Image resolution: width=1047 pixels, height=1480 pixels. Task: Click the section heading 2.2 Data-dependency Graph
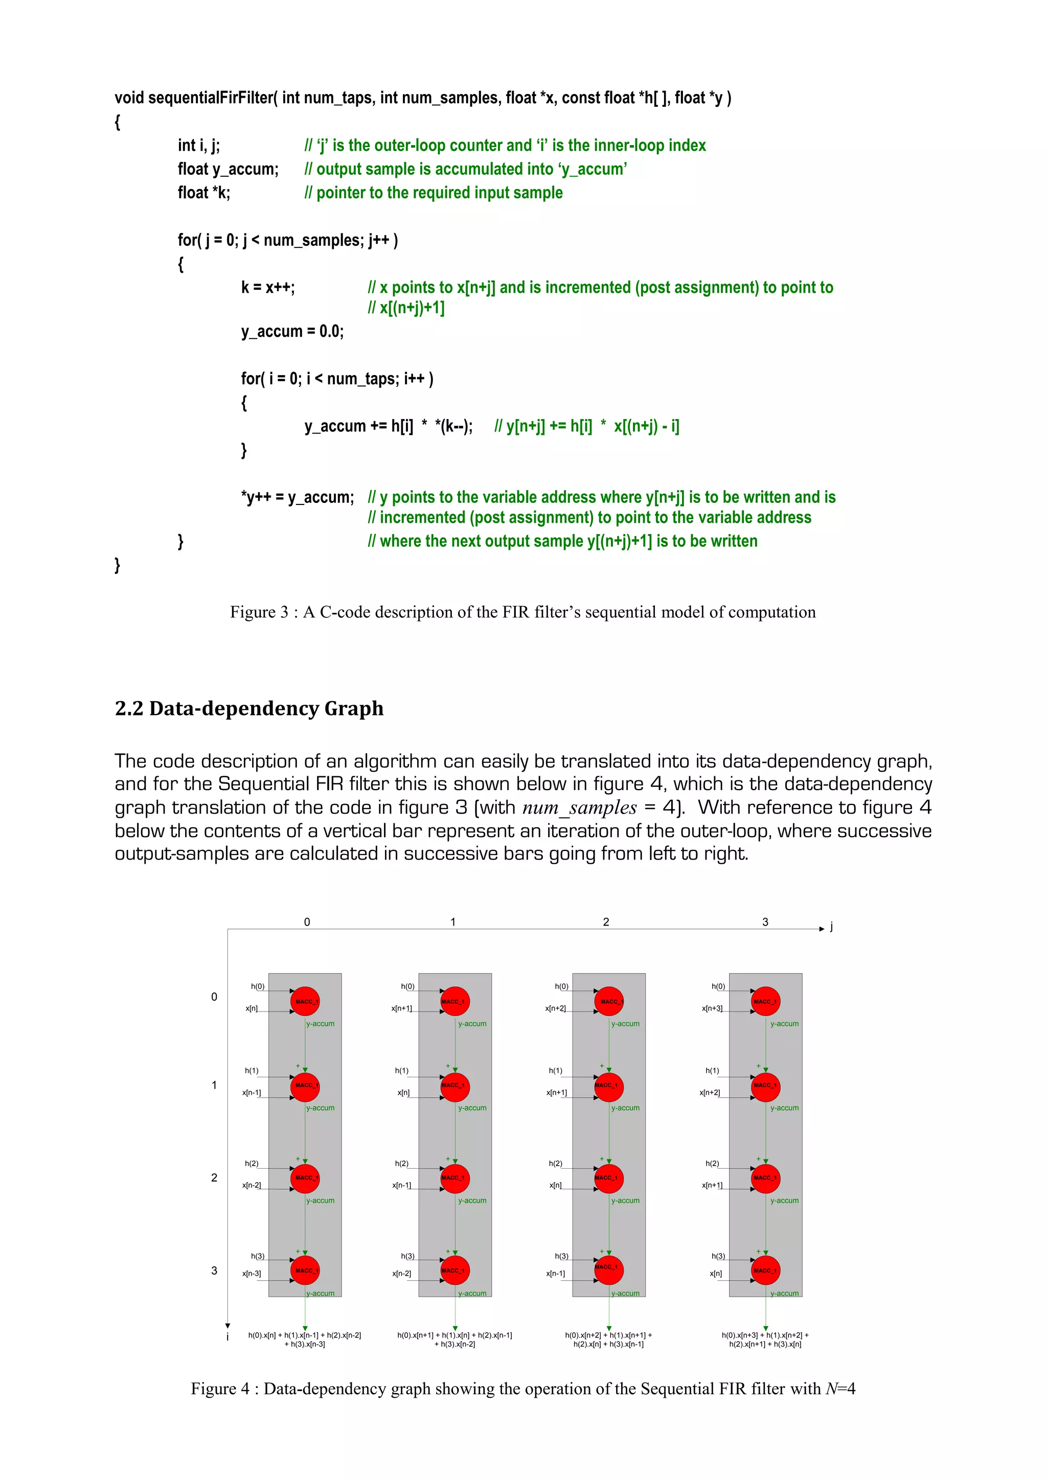pyautogui.click(x=249, y=708)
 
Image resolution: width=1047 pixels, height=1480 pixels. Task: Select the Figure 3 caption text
pyautogui.click(x=522, y=612)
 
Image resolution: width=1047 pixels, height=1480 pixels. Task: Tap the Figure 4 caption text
pyautogui.click(x=522, y=1389)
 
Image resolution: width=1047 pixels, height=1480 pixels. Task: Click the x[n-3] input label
pyautogui.click(x=252, y=1274)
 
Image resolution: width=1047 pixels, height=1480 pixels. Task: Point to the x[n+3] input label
pyautogui.click(x=712, y=1008)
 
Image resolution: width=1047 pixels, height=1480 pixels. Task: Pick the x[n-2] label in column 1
pyautogui.click(x=402, y=1274)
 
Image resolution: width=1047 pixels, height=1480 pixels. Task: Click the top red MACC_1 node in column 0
pyautogui.click(x=305, y=1001)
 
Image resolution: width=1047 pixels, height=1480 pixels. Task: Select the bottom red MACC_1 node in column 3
pyautogui.click(x=766, y=1270)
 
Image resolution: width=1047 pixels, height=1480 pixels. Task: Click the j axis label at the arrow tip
pyautogui.click(x=832, y=927)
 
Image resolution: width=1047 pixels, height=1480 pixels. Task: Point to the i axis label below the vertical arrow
pyautogui.click(x=227, y=1337)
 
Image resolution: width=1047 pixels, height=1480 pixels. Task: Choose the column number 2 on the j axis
pyautogui.click(x=606, y=922)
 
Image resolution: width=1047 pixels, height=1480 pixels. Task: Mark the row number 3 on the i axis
pyautogui.click(x=214, y=1270)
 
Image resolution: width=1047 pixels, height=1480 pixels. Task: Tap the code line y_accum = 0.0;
pyautogui.click(x=292, y=331)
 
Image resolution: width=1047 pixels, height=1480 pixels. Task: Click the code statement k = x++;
pyautogui.click(x=267, y=288)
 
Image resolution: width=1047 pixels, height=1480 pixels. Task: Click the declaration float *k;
pyautogui.click(x=204, y=193)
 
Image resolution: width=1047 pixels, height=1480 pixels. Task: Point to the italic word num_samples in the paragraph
pyautogui.click(x=579, y=807)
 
